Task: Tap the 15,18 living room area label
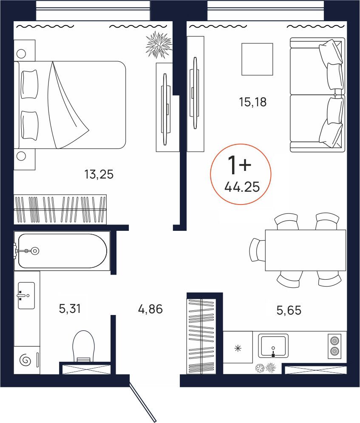pos(253,102)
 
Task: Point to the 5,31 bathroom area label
pos(70,309)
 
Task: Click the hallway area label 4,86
pos(150,309)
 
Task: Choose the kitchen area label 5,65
pos(289,310)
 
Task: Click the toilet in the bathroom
pos(83,346)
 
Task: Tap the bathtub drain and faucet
pos(30,251)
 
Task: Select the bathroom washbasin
pos(26,295)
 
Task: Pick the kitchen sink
pos(273,345)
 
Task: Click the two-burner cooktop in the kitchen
pos(334,346)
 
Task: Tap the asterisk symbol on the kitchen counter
pos(238,348)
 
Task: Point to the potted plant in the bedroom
pos(159,45)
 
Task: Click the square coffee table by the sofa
pos(257,59)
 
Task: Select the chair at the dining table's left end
pos(257,250)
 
